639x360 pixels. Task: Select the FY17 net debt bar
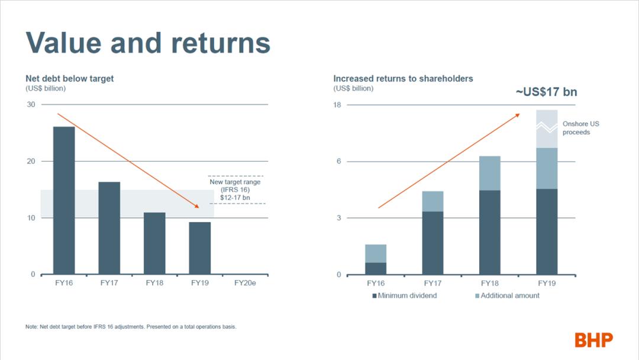pyautogui.click(x=109, y=228)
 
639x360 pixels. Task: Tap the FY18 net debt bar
pyautogui.click(x=154, y=243)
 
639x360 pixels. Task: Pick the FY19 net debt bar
pyautogui.click(x=200, y=248)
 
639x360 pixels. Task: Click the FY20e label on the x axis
pyautogui.click(x=245, y=283)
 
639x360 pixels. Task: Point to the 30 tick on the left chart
pyautogui.click(x=30, y=105)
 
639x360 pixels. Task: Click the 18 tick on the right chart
pyautogui.click(x=338, y=105)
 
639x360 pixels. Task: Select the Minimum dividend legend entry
pyautogui.click(x=404, y=295)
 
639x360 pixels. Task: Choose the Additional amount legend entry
pyautogui.click(x=506, y=295)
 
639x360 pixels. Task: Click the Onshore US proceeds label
pyautogui.click(x=580, y=128)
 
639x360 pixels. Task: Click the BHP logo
pyautogui.click(x=593, y=340)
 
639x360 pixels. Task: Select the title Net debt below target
pyautogui.click(x=70, y=78)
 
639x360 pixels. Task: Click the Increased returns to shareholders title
pyautogui.click(x=403, y=78)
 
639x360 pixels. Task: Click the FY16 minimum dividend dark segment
pyautogui.click(x=376, y=268)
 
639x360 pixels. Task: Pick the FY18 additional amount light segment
pyautogui.click(x=490, y=173)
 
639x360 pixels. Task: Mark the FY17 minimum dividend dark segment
pyautogui.click(x=433, y=243)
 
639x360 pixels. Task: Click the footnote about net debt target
pyautogui.click(x=131, y=327)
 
